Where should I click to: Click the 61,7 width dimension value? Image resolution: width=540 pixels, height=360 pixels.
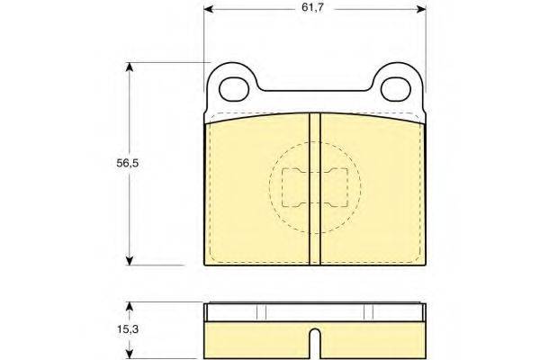312,7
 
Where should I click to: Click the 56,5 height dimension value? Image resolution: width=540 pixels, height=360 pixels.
128,163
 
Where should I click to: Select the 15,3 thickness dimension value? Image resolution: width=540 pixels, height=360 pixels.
128,329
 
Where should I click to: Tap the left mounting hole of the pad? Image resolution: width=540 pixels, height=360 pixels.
234,90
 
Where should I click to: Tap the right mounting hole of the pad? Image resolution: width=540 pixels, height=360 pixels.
396,90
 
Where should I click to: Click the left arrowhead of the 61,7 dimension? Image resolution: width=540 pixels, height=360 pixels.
209,9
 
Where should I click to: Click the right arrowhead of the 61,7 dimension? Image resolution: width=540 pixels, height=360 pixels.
421,9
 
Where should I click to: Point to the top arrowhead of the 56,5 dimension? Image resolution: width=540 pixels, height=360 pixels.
129,67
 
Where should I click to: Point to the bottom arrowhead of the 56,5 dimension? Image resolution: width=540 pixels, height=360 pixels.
129,260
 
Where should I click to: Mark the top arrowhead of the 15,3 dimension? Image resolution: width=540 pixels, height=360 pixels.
129,307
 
